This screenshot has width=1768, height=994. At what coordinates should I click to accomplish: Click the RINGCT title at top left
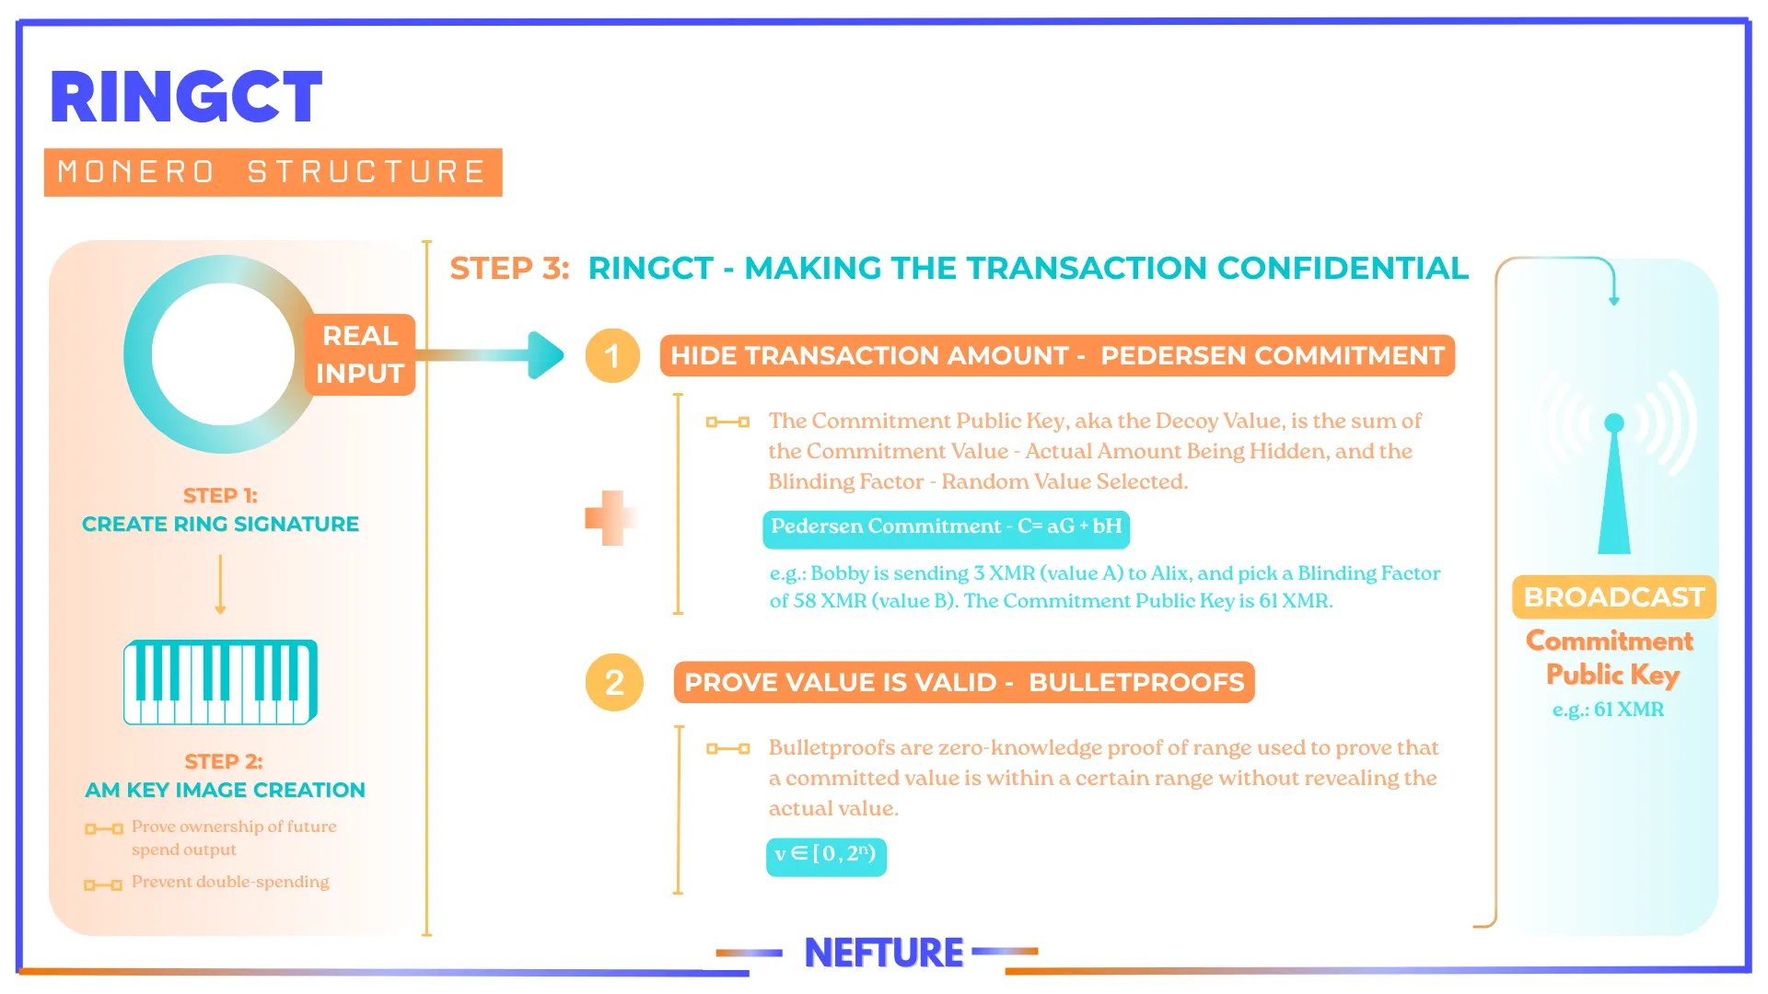tap(186, 97)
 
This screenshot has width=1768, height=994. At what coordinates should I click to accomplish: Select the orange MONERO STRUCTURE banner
tap(273, 172)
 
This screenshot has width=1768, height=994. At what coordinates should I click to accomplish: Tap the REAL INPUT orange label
tap(360, 354)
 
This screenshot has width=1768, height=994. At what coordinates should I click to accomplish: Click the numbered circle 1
tap(612, 355)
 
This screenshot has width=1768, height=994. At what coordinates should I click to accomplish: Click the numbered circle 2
tap(614, 682)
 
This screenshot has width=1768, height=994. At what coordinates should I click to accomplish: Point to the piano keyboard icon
tap(221, 682)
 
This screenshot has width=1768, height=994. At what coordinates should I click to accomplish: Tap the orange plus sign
tap(610, 517)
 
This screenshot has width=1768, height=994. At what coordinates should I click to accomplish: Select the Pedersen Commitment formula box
tap(946, 527)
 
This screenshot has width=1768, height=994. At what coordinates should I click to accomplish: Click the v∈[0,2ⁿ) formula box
tap(826, 856)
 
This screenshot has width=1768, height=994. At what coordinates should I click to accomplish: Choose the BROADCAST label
tap(1614, 597)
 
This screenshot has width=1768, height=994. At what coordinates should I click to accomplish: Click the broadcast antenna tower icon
tap(1614, 483)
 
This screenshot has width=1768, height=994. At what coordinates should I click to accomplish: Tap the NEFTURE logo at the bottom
tap(884, 953)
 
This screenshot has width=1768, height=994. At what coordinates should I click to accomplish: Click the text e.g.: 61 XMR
tap(1609, 710)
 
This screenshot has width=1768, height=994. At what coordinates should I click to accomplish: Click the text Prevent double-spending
tap(230, 882)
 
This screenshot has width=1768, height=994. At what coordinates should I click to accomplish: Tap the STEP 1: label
tap(220, 495)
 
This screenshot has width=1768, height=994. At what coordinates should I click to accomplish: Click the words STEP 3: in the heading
tap(509, 268)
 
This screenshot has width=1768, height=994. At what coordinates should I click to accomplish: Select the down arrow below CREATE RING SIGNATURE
tap(220, 584)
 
